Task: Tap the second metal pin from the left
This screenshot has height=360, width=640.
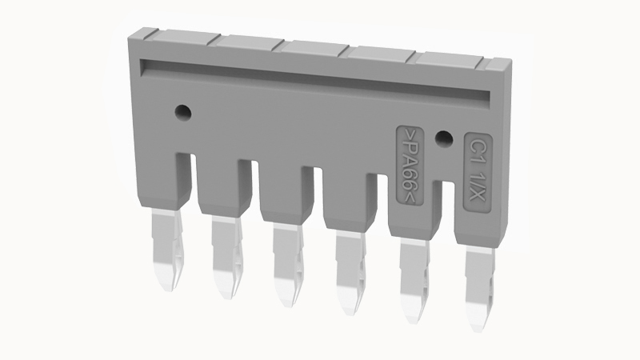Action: point(228,257)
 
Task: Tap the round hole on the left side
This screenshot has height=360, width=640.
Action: point(182,111)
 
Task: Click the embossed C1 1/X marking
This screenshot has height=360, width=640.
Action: point(478,173)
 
